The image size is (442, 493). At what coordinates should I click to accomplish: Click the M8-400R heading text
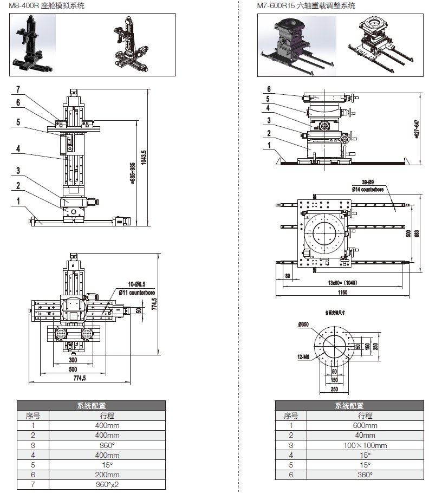[47, 6]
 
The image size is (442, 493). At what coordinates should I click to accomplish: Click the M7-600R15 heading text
[306, 6]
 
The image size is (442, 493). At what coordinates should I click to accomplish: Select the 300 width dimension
[73, 359]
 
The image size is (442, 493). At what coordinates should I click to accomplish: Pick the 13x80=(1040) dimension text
[342, 282]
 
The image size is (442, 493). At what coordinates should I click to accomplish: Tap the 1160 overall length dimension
[342, 293]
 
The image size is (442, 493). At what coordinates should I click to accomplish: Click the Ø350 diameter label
[303, 325]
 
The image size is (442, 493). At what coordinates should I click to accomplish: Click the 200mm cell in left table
[107, 474]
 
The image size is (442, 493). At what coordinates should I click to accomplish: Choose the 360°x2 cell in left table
[107, 484]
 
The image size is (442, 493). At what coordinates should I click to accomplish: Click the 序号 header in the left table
[33, 416]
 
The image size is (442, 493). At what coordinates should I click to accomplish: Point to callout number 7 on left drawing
[18, 89]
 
